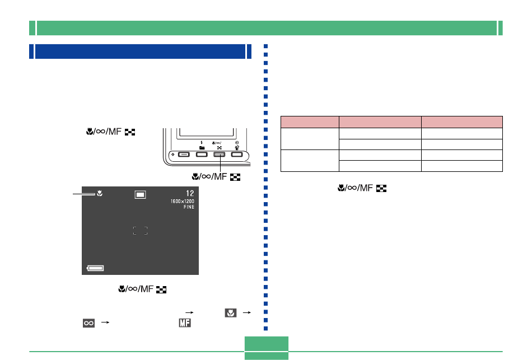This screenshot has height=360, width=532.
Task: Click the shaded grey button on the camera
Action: (219, 155)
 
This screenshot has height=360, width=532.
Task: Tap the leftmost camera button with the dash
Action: (184, 155)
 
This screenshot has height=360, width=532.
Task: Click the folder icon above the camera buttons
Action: (202, 148)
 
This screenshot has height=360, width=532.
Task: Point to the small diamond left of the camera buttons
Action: (173, 155)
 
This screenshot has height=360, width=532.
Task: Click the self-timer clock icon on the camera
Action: (237, 143)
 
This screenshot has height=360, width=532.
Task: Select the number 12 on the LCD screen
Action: (190, 193)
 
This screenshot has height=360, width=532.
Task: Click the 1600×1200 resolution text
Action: (183, 201)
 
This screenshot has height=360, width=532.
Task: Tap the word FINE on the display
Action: (189, 207)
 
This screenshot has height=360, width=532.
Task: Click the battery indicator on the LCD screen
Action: (95, 268)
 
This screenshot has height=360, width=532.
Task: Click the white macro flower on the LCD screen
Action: (100, 193)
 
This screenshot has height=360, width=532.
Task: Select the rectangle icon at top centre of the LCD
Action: (140, 195)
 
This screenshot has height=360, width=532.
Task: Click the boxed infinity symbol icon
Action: (89, 323)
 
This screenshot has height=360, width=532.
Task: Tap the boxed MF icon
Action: (185, 322)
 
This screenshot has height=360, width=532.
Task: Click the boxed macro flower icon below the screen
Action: (231, 313)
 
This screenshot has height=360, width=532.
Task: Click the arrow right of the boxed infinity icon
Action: (105, 322)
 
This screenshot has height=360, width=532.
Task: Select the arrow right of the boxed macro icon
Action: (246, 312)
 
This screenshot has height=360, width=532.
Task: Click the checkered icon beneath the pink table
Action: (381, 189)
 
